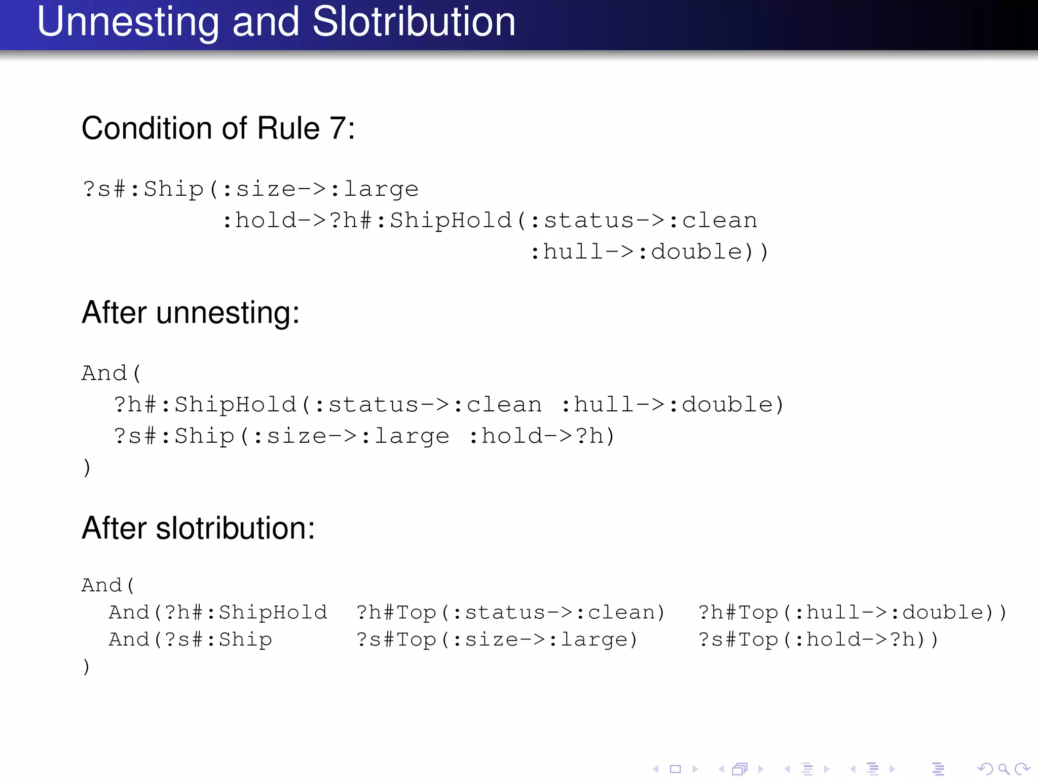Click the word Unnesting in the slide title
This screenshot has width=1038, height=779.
click(128, 23)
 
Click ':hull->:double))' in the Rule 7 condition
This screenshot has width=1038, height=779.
click(649, 252)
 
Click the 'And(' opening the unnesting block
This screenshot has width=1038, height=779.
click(112, 373)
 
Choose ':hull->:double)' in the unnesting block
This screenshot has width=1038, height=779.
click(673, 405)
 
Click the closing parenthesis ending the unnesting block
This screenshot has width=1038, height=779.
click(87, 467)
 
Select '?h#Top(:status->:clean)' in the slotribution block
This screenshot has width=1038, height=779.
click(510, 613)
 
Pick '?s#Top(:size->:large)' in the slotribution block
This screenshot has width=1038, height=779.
click(497, 640)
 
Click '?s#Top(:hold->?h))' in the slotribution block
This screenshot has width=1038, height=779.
click(818, 640)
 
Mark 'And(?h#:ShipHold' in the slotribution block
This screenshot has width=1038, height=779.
click(218, 613)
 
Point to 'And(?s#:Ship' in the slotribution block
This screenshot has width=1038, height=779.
click(191, 640)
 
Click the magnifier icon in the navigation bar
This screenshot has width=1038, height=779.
click(1004, 769)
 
